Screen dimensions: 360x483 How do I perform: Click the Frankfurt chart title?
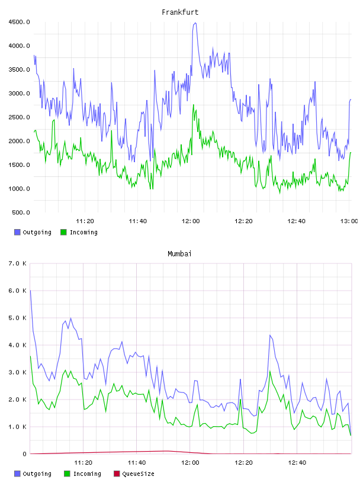point(180,12)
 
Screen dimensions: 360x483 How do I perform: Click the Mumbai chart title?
point(179,254)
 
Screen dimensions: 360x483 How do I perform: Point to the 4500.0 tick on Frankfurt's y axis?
point(20,22)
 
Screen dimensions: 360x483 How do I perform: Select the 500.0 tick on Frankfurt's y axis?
point(21,212)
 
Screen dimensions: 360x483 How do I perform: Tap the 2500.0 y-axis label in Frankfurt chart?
point(20,117)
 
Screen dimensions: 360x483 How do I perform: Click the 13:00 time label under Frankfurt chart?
point(349,221)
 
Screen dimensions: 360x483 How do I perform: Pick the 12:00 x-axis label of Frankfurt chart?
point(191,221)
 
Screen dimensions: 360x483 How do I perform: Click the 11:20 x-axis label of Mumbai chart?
point(83,463)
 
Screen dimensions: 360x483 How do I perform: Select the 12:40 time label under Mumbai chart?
point(297,463)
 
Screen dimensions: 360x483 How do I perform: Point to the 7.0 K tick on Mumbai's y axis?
point(18,263)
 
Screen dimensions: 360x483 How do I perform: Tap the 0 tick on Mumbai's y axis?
point(25,454)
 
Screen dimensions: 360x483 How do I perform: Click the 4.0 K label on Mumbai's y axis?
point(18,345)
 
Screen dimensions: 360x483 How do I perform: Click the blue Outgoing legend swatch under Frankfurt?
point(17,232)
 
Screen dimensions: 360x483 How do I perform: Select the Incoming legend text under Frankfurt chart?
point(83,233)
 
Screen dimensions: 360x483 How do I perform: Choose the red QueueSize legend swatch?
point(117,474)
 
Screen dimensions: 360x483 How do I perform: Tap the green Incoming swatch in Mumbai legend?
point(67,474)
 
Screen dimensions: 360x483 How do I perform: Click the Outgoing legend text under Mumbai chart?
point(37,474)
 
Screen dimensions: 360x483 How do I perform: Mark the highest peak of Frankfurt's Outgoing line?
point(195,23)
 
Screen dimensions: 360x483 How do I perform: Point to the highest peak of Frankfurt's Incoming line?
point(194,105)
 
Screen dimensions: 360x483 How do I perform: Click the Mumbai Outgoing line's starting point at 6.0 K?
point(30,291)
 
